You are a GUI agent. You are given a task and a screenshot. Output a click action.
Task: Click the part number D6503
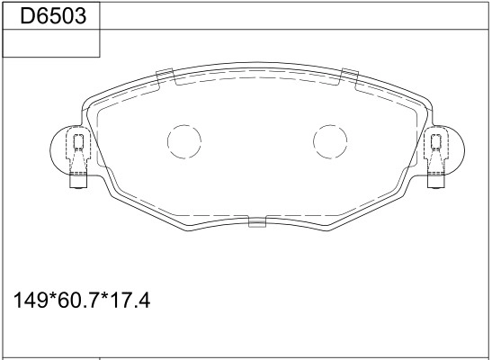coord(53,16)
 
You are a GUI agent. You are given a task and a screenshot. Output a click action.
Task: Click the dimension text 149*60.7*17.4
coord(82,300)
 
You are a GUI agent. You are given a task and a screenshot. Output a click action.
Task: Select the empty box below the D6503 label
coord(51,43)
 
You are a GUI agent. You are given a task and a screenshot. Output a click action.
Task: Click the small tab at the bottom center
coord(257,221)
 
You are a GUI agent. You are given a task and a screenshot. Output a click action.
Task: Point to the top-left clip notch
coord(165,76)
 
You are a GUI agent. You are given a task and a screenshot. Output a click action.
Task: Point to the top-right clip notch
coord(350,76)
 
